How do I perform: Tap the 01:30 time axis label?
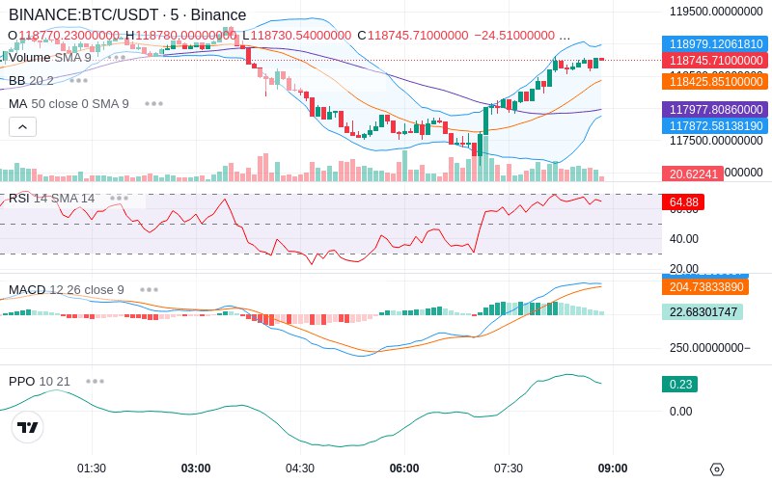92,469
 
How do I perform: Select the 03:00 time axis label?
196,469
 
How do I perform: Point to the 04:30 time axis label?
300,469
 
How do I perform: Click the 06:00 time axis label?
404,469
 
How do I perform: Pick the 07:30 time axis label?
509,469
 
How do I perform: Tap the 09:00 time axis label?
612,469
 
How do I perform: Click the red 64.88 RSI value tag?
683,202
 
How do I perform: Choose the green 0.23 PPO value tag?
679,384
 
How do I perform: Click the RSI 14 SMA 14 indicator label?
52,199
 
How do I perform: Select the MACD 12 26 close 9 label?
67,290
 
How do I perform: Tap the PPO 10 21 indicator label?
40,382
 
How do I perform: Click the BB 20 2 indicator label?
31,81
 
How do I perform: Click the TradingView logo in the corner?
28,428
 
